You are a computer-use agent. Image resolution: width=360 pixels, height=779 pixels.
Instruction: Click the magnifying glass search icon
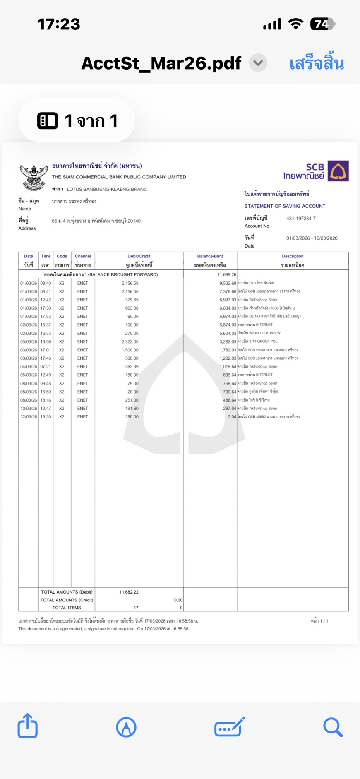tap(333, 727)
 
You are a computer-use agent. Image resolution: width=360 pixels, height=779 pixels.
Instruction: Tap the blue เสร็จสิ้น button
tap(317, 63)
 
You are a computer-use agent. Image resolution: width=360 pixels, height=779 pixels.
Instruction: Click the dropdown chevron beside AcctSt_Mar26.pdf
tap(258, 63)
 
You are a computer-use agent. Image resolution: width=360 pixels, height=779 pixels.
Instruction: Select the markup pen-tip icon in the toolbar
tap(126, 727)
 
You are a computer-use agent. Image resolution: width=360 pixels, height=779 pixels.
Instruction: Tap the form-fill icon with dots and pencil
tap(229, 727)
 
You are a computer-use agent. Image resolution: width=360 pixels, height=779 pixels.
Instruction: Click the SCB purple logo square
tap(338, 171)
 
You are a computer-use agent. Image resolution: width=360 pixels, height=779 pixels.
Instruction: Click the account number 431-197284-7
tap(301, 219)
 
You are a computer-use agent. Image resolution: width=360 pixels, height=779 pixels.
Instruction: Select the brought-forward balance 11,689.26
tap(227, 275)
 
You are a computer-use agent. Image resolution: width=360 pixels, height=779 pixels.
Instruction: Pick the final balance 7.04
tap(232, 417)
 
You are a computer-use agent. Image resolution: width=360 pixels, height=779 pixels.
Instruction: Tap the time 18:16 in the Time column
tap(46, 400)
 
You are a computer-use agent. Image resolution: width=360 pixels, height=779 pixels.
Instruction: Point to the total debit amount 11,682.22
tap(129, 592)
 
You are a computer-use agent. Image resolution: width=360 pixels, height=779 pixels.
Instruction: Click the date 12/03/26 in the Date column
tap(29, 417)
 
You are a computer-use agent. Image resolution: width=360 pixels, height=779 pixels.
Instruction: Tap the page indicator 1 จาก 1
tap(77, 121)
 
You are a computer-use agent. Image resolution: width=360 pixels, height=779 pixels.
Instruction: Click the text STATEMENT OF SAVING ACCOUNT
tap(285, 206)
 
